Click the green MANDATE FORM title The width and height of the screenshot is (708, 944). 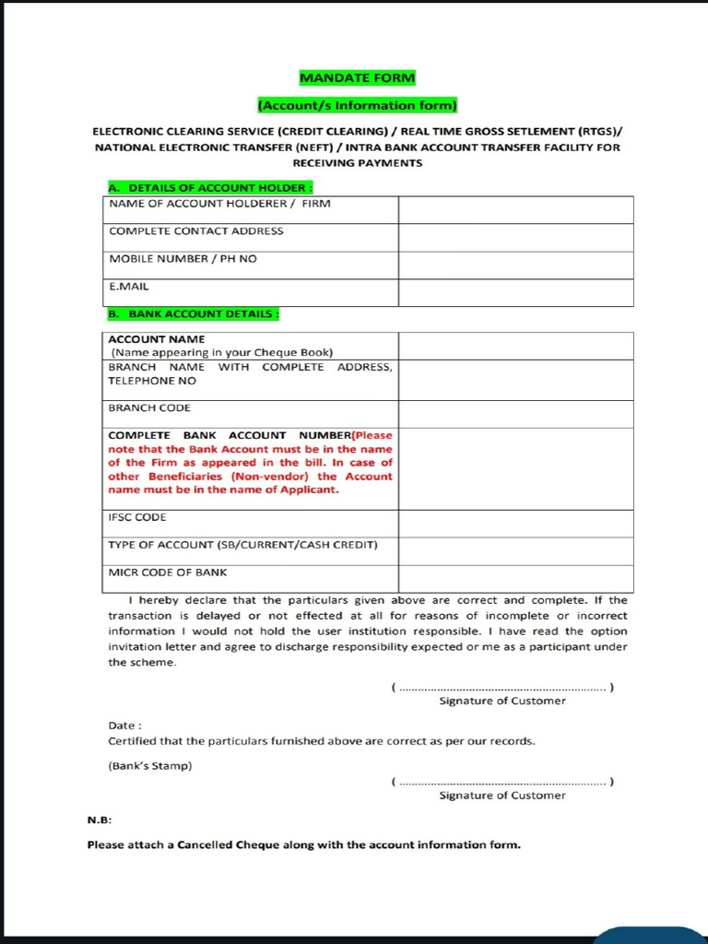coord(357,77)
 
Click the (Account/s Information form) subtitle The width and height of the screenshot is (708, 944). coord(357,105)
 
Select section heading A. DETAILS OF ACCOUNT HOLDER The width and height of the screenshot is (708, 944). coord(192,188)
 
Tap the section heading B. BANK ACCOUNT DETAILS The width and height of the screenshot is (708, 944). coord(193,313)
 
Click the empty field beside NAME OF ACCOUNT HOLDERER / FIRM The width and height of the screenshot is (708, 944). coord(515,209)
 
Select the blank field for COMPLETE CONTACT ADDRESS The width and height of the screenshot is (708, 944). coord(515,237)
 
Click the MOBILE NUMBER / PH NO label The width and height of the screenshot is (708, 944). coord(183,259)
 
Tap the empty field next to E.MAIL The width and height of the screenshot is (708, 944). coord(515,292)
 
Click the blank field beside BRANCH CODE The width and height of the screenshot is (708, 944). coord(515,414)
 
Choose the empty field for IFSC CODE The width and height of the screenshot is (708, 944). coord(515,524)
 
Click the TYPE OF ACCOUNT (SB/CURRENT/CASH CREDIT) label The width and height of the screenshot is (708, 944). coord(242,545)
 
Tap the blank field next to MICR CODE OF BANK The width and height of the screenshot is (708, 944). coord(515,578)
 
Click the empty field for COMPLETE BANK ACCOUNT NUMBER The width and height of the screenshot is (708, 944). coord(515,468)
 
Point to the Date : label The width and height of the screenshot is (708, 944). coord(124,726)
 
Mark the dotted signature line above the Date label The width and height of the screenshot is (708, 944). coord(502,688)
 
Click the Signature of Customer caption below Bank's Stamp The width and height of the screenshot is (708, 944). coord(502,795)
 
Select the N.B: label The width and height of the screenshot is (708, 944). coord(100,820)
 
